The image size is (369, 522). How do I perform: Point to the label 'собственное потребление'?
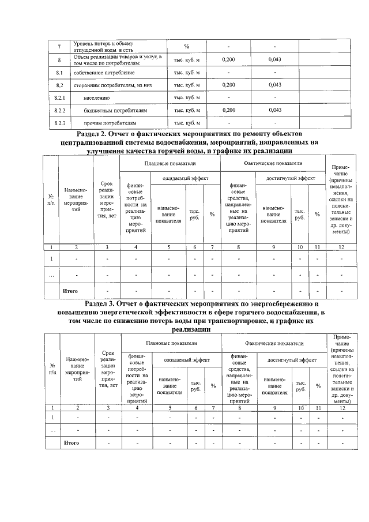pos(104,73)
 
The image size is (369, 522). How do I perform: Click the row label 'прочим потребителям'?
pos(110,123)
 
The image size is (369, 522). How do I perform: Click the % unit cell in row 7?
pos(187,47)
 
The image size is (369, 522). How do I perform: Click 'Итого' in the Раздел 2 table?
pos(70,291)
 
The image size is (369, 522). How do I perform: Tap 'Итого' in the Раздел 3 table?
pos(70,443)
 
